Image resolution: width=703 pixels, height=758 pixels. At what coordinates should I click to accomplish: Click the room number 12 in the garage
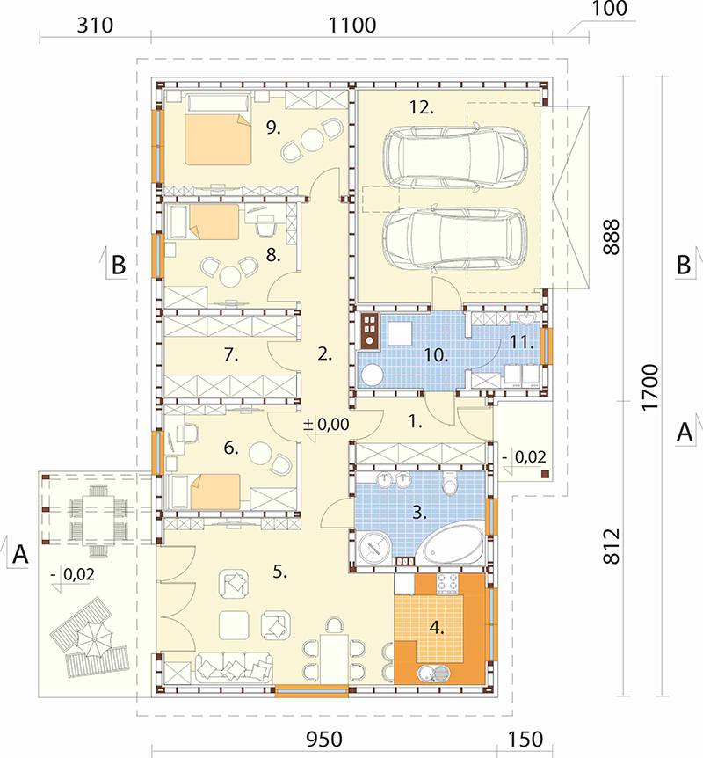point(421,107)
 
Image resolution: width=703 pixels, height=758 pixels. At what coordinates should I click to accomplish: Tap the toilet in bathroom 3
point(450,483)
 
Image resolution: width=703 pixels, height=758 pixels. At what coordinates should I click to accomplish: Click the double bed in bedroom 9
point(219,129)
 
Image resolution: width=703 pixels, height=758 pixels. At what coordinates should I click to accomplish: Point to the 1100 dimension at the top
point(352,26)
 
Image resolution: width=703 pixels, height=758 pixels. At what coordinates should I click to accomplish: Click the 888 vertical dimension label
point(612,237)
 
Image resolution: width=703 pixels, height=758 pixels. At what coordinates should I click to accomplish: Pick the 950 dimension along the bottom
point(324,740)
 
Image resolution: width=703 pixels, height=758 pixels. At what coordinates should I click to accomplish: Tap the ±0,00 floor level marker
point(326,425)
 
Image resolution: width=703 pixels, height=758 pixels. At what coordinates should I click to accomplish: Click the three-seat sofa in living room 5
point(235,667)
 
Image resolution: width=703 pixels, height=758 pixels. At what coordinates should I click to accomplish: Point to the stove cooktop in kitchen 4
point(448,584)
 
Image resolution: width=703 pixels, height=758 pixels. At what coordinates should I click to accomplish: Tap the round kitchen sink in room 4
point(434,673)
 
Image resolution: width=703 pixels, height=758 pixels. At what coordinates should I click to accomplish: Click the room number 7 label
point(231,355)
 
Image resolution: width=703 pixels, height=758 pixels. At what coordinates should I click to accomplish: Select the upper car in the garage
point(454,157)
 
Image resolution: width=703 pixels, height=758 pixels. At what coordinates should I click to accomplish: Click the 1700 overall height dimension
point(650,387)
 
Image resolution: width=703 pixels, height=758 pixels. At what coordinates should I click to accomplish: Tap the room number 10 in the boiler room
point(436,355)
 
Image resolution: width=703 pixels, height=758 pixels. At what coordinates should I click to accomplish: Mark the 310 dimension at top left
point(95,26)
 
